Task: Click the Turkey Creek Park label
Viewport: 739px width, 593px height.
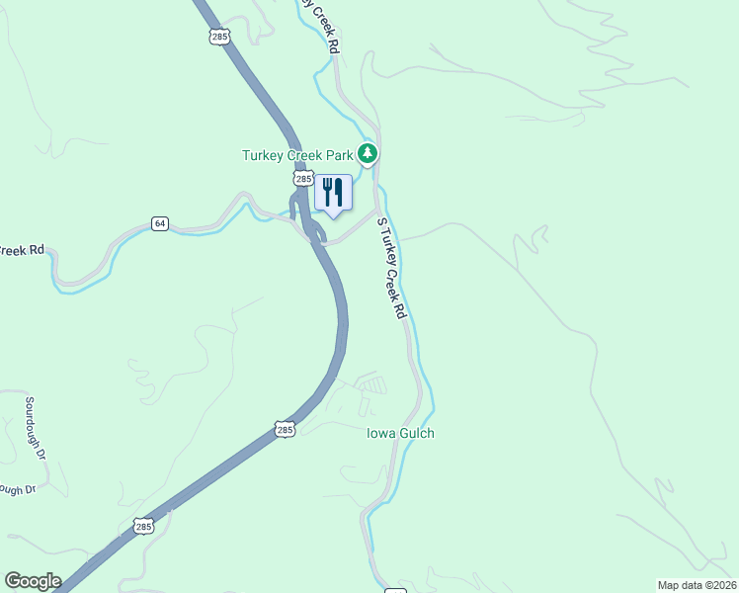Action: coord(297,155)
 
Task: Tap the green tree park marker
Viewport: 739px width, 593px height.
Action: coord(368,153)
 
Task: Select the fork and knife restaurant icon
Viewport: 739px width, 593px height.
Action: coord(333,192)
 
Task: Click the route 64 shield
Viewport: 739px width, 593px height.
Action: coord(160,223)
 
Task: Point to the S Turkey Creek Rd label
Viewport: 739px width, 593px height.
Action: coord(392,268)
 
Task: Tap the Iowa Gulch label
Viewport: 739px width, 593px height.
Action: coord(400,433)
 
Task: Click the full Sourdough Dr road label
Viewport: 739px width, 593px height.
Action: coord(36,426)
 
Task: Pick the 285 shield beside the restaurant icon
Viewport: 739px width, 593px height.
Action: coord(302,179)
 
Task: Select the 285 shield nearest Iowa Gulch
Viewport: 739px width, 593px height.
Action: coord(285,430)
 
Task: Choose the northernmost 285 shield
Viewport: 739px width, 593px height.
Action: coord(219,37)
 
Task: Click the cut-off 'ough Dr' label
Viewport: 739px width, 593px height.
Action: coord(17,488)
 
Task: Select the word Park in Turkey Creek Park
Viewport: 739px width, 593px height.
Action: coord(339,155)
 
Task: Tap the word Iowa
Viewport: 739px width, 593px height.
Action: coord(380,433)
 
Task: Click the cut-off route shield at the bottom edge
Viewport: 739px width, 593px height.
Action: coord(394,590)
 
